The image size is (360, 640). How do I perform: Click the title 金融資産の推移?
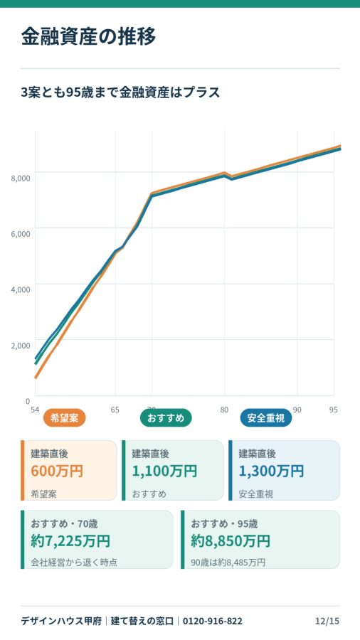[x=88, y=37]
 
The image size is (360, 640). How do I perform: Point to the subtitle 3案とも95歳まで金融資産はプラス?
[x=120, y=92]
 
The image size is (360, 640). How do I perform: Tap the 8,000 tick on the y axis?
[x=21, y=178]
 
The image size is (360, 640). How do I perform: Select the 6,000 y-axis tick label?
[x=21, y=234]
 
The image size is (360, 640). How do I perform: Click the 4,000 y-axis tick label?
[x=21, y=289]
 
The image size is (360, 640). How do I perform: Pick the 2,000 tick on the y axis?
[x=21, y=346]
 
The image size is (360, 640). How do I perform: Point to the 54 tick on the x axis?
[x=35, y=410]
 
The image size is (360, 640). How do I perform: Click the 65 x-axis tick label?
[x=115, y=410]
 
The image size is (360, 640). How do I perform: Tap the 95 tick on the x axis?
[x=334, y=410]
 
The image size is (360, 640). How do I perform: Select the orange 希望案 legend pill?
[x=65, y=418]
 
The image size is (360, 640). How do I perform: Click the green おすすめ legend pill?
[x=166, y=418]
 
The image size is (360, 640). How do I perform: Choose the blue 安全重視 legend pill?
[x=266, y=418]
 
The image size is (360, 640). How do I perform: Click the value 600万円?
[x=57, y=471]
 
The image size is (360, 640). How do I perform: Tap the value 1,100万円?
[x=164, y=471]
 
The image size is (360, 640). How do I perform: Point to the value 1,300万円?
[x=271, y=471]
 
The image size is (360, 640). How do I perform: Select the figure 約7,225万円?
[x=70, y=541]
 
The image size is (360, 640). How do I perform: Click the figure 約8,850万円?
[x=231, y=541]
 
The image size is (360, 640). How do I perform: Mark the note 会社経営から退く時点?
[x=74, y=562]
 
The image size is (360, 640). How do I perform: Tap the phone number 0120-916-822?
[x=213, y=622]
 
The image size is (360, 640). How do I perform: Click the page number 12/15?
[x=327, y=622]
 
